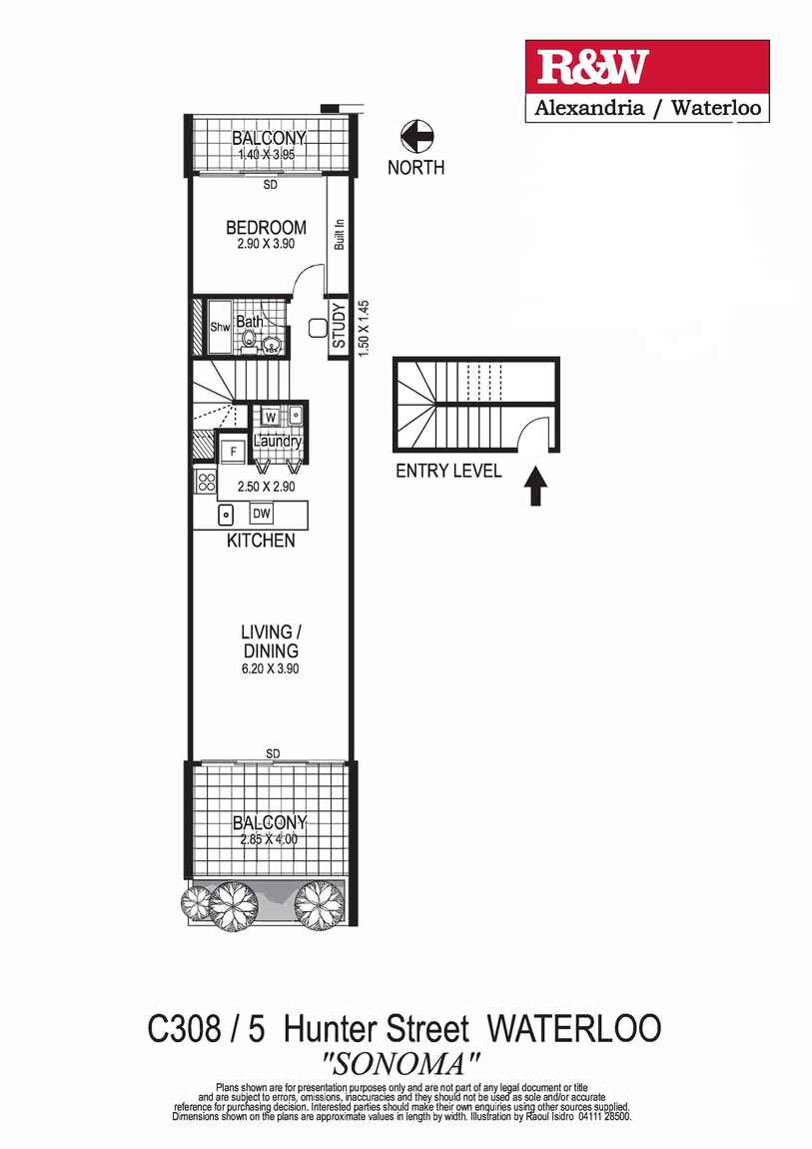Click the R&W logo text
click(593, 68)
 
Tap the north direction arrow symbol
click(415, 136)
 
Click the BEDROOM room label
click(265, 228)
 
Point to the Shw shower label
click(220, 327)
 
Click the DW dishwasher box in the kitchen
click(262, 514)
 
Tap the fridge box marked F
click(233, 451)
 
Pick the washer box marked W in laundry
click(271, 416)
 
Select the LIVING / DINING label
click(269, 641)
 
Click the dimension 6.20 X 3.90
click(269, 668)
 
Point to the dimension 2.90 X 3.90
click(265, 246)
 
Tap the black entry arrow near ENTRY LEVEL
click(536, 487)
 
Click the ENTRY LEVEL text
click(448, 472)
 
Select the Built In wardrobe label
click(340, 234)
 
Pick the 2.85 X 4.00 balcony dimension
click(269, 840)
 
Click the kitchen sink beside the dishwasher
click(227, 516)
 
